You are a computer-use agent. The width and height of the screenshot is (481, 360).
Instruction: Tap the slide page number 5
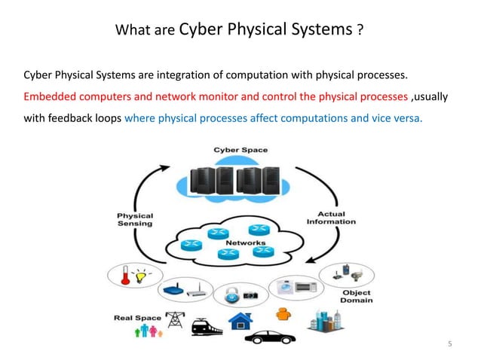[x=449, y=345]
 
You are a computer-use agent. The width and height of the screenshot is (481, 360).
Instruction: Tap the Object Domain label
[x=357, y=297]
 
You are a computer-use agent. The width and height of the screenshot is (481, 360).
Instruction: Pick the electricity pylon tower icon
[x=175, y=320]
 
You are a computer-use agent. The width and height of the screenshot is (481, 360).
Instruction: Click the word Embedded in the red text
[x=50, y=97]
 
